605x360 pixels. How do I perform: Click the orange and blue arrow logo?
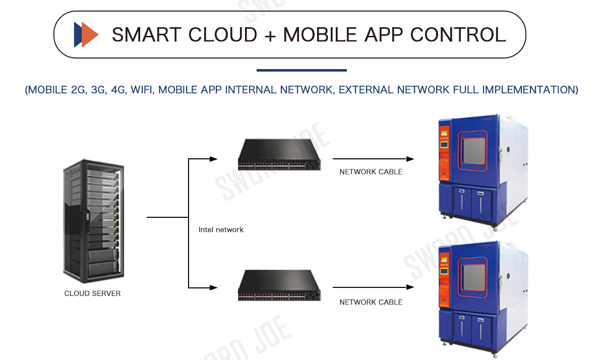(x=85, y=34)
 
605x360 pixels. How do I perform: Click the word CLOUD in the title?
(x=222, y=34)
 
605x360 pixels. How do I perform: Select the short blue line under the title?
(x=301, y=70)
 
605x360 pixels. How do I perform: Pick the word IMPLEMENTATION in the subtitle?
(x=529, y=90)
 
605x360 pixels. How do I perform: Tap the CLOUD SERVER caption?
(x=92, y=293)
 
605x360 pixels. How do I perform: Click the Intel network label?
(x=221, y=229)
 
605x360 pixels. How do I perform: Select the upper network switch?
(x=280, y=154)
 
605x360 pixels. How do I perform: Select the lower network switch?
(x=280, y=285)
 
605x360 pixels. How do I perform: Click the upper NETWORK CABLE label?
(x=371, y=171)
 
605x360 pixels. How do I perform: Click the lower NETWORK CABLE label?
(x=371, y=302)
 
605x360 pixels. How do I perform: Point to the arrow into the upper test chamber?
(x=410, y=159)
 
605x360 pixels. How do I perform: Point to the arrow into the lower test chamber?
(x=410, y=287)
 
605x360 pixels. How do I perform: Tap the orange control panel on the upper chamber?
(x=444, y=151)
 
